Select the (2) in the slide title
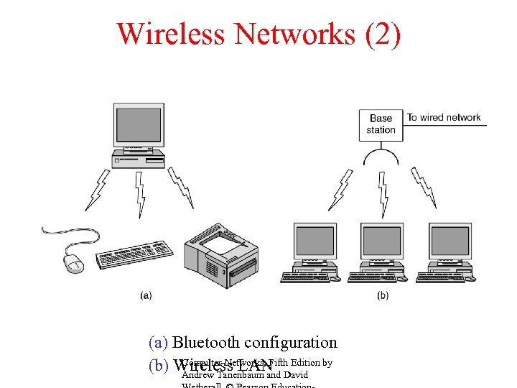click(x=383, y=34)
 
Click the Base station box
click(x=381, y=124)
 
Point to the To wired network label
click(x=444, y=117)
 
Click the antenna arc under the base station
click(x=381, y=155)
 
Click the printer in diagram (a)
click(x=220, y=255)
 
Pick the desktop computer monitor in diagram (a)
click(x=138, y=126)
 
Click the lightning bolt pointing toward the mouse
click(x=95, y=188)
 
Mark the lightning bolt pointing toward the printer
click(x=180, y=188)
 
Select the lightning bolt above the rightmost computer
click(x=424, y=188)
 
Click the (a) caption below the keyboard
click(x=146, y=295)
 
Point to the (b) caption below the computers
click(x=382, y=295)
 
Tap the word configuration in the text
click(x=291, y=343)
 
